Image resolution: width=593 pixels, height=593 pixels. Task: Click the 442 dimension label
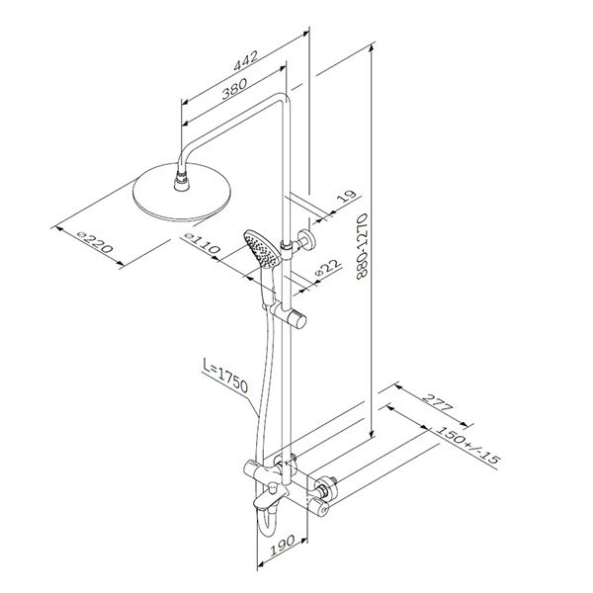click(246, 60)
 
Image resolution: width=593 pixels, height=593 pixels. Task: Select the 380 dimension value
click(234, 88)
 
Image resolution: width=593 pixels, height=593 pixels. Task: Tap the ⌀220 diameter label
click(95, 242)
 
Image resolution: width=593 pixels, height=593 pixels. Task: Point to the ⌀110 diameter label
click(202, 244)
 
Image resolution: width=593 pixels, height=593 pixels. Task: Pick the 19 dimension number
click(346, 197)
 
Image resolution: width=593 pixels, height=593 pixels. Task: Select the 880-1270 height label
click(362, 246)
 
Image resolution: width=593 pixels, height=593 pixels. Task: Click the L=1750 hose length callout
click(225, 376)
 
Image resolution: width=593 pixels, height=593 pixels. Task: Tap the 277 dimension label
click(438, 403)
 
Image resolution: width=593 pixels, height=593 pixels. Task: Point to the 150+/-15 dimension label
click(467, 445)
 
